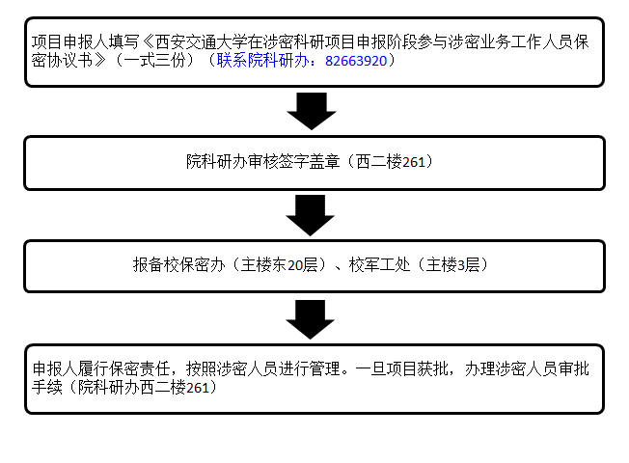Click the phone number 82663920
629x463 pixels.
click(x=356, y=61)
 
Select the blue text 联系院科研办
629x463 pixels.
click(x=262, y=61)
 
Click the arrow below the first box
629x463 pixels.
click(x=312, y=111)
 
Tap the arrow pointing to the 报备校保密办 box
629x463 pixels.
click(x=310, y=215)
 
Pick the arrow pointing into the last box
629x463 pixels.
click(x=310, y=319)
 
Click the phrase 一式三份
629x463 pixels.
click(x=155, y=61)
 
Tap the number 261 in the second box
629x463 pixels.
click(x=413, y=162)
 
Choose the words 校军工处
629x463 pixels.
click(x=379, y=265)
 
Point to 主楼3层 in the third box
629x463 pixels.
click(x=452, y=265)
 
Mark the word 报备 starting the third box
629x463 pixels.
click(x=148, y=265)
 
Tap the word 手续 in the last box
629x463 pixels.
click(x=47, y=387)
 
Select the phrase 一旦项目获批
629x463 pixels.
click(x=401, y=368)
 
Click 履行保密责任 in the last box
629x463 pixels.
click(x=124, y=368)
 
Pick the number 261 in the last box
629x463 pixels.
click(x=198, y=388)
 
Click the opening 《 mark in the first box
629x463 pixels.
click(x=148, y=41)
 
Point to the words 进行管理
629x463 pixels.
click(x=310, y=368)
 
